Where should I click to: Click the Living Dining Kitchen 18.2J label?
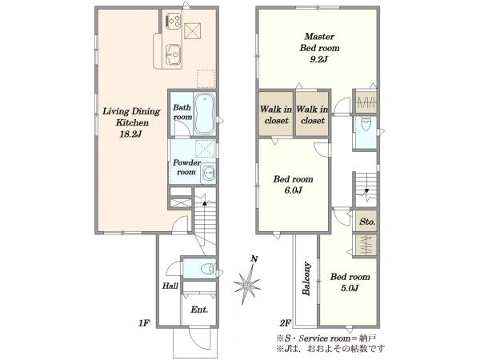(x=131, y=122)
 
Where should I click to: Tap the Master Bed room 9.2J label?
(x=319, y=48)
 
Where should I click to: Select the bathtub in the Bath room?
(x=205, y=114)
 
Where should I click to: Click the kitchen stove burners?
(x=174, y=21)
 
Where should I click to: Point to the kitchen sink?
(x=174, y=55)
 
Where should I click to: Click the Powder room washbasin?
(x=208, y=174)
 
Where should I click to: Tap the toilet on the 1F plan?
(x=209, y=269)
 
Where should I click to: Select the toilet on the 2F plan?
(x=366, y=124)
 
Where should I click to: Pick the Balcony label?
(x=306, y=278)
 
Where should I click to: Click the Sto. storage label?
(x=367, y=222)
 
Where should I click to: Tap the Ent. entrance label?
(x=199, y=310)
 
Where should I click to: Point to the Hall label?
(x=170, y=286)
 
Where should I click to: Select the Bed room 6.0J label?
(x=294, y=184)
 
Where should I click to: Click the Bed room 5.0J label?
(x=350, y=282)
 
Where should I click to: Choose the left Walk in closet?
(x=276, y=114)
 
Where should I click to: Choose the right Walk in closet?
(x=312, y=114)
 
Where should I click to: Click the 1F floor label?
(x=144, y=322)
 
